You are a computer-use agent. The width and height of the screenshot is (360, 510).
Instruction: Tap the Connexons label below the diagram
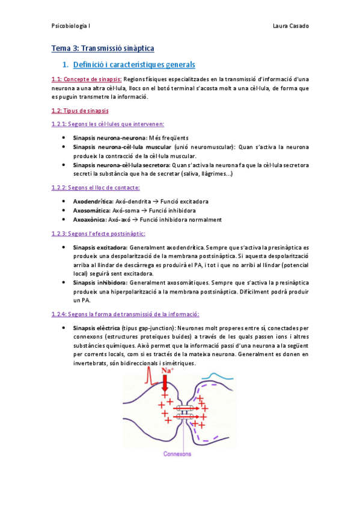click(179, 454)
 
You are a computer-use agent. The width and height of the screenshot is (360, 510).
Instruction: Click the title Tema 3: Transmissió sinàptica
click(102, 49)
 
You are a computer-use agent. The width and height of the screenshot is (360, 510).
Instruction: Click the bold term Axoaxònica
click(90, 220)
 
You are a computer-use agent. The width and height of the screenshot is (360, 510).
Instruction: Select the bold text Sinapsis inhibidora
click(99, 282)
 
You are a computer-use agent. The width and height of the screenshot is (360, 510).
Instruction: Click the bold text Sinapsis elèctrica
click(96, 328)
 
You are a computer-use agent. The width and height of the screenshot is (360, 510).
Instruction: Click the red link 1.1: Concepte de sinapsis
click(87, 79)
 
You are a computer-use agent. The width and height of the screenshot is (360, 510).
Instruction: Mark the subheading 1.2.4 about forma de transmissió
click(126, 314)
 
